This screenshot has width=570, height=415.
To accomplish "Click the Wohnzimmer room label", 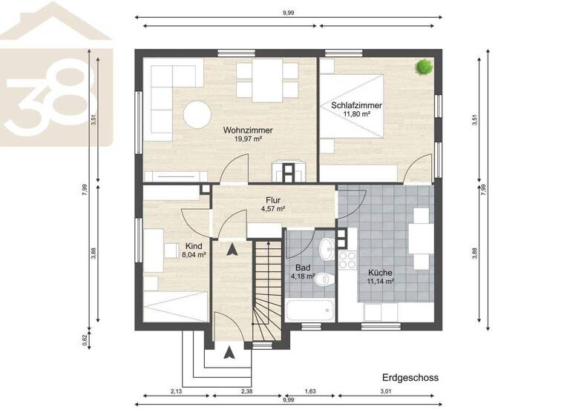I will pos(248,130).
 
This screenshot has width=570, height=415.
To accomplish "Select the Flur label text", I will pos(272,199).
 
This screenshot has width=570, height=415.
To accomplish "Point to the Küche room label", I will pos(380,272).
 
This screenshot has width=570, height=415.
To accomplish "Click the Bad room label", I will pos(302,267).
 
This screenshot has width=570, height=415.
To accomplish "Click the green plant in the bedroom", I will pos(424,67).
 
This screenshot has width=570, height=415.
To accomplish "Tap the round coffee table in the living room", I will pos(198,114).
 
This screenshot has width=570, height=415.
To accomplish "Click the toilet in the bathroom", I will pos(323,279).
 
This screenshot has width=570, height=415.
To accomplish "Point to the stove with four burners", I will pos(347,259).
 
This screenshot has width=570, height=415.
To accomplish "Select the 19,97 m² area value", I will pos(248,139).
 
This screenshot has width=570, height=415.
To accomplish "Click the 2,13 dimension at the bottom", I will pos(175,391).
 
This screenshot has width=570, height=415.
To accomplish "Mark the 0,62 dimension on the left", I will pos(85,340).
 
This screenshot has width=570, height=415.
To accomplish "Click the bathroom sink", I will pos(326,248).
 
